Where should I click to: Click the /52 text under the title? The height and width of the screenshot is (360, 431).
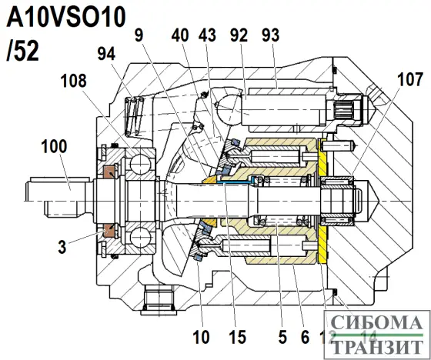[x=22, y=50]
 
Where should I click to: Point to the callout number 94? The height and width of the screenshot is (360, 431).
[x=108, y=52]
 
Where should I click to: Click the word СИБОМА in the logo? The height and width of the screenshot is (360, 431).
[x=379, y=324]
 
